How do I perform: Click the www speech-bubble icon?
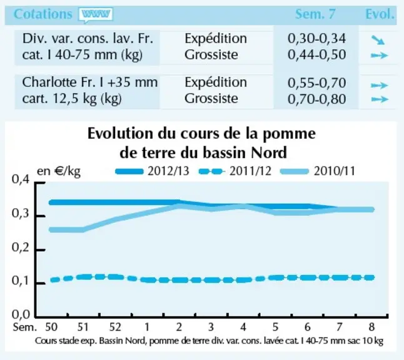click(x=96, y=15)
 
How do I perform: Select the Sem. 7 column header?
click(x=315, y=14)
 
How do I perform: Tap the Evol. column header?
click(x=380, y=14)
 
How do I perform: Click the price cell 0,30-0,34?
click(x=316, y=39)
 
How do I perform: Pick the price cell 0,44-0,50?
click(x=316, y=54)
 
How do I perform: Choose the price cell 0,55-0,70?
click(x=316, y=83)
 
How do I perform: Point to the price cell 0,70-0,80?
click(x=316, y=99)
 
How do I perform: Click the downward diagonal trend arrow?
click(x=378, y=40)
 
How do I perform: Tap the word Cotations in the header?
click(x=43, y=14)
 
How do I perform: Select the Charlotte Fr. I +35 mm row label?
click(x=89, y=82)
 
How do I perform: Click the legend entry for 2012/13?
click(x=152, y=171)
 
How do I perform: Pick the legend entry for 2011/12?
click(x=235, y=171)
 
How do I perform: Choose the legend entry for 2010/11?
click(x=318, y=171)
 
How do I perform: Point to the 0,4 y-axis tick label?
click(x=21, y=179)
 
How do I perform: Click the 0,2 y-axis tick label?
click(x=21, y=247)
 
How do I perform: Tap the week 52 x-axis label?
click(x=115, y=327)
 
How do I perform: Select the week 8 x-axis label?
click(x=371, y=327)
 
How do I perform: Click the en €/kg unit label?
click(x=59, y=171)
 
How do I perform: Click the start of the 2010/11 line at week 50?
click(x=51, y=230)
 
